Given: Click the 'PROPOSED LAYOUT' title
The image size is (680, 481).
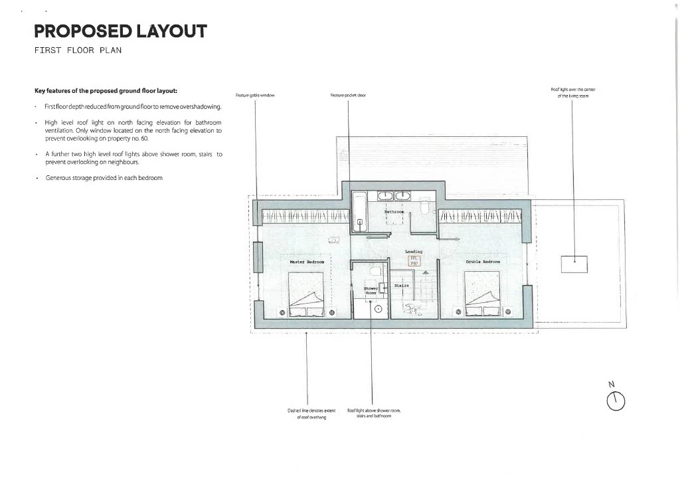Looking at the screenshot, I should pos(120,31).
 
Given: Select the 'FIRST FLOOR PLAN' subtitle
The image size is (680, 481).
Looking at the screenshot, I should pos(78,51).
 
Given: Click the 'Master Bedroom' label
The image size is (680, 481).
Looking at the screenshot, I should pos(307,262).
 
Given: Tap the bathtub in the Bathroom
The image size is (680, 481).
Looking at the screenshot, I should pos(359,212).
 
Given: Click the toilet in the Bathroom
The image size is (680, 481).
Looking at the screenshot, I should pos(424,208).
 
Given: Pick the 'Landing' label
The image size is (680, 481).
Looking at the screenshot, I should pos(414,252).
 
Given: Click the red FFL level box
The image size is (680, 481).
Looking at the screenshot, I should pos(414,261).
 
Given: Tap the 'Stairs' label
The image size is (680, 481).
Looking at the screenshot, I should pos(401,285).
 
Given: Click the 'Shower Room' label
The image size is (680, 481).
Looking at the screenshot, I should pos(370,290).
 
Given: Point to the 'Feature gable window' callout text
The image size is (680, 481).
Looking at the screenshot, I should pos(256,96).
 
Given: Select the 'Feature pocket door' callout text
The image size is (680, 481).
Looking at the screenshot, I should pos(348,96).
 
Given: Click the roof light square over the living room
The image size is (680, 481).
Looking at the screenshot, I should pos(574,264).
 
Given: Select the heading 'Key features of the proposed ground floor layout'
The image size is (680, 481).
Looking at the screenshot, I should pos(106,91).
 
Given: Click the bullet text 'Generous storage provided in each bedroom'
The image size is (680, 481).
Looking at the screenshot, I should pos(104,178).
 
